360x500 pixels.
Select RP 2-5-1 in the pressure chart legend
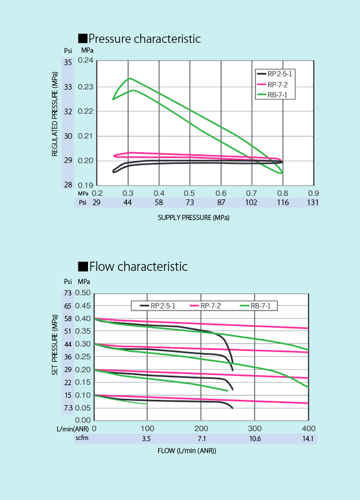(x=279, y=74)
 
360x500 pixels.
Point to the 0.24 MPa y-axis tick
(x=85, y=61)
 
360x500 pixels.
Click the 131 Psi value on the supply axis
(x=313, y=202)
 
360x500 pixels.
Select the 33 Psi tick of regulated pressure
(x=68, y=87)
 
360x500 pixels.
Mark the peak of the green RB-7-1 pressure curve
(x=130, y=78)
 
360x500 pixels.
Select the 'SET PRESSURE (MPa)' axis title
(x=55, y=346)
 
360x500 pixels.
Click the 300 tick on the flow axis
(x=254, y=428)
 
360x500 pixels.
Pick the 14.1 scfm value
(x=308, y=438)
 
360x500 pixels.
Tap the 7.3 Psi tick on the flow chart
(x=68, y=408)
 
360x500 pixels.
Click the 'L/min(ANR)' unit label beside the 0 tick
(x=72, y=428)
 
